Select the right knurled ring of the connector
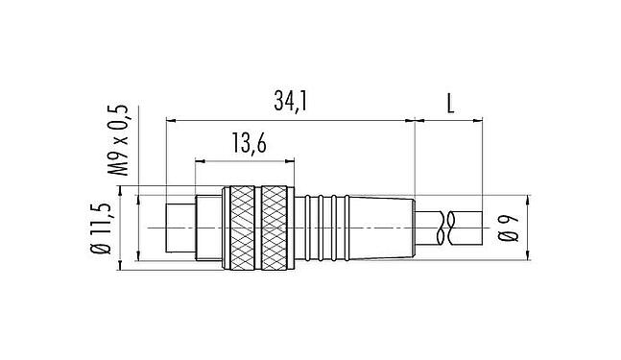[x=275, y=228]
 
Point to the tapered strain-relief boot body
[x=379, y=228]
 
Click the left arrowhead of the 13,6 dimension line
[x=200, y=160]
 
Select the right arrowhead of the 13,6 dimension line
[x=285, y=160]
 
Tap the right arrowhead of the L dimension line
[x=478, y=121]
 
